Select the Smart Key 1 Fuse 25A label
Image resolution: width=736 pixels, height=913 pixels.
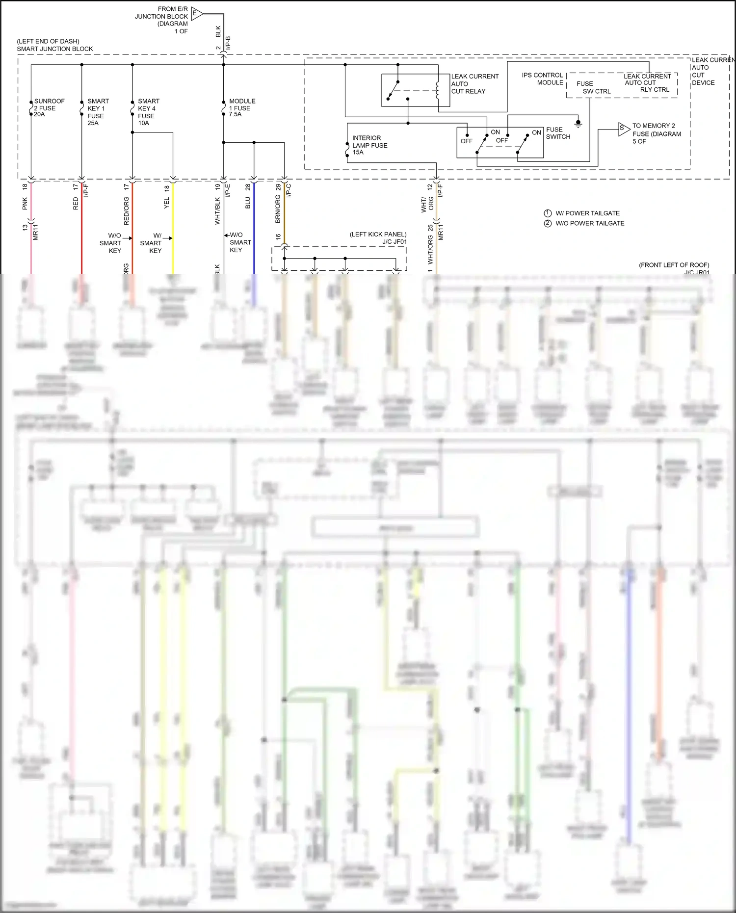tap(97, 112)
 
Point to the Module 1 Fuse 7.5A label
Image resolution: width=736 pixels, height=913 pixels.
tap(242, 107)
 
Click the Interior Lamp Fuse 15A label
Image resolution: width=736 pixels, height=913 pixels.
tap(369, 145)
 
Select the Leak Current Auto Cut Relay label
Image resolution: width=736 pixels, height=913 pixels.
tap(474, 84)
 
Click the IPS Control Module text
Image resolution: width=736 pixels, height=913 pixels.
tap(542, 79)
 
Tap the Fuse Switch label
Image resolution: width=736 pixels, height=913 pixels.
tap(558, 133)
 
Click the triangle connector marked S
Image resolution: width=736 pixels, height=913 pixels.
tap(623, 129)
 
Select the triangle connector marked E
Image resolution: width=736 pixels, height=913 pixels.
tap(196, 14)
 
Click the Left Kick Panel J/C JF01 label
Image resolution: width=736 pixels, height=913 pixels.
tap(378, 238)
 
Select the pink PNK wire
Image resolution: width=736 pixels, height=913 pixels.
tap(31, 245)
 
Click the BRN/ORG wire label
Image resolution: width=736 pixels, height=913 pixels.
tap(278, 209)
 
